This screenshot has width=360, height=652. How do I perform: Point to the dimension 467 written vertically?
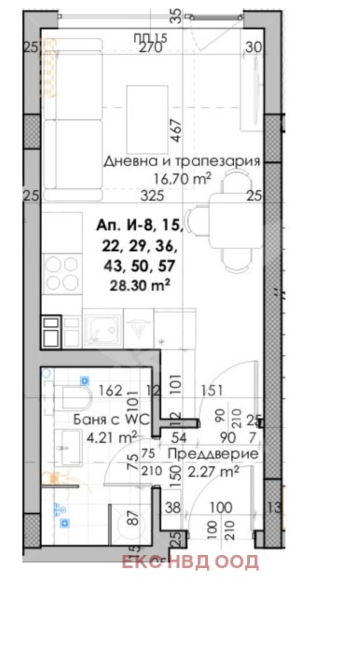[x=173, y=129]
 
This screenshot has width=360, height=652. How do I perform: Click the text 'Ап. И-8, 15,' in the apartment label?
[x=140, y=225]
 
